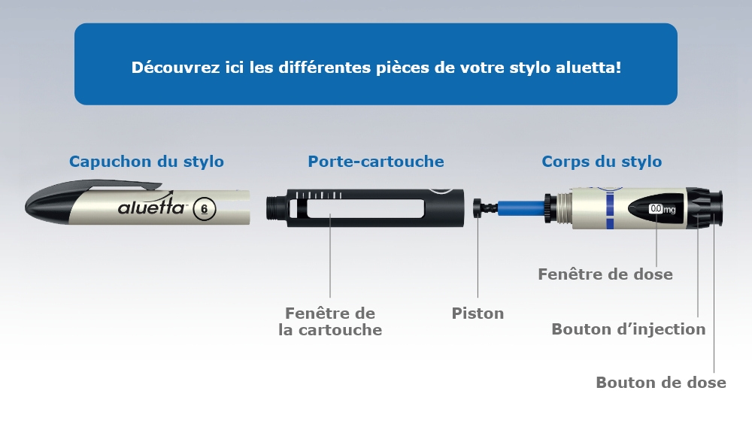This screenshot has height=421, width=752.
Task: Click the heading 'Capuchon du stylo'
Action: pyautogui.click(x=147, y=162)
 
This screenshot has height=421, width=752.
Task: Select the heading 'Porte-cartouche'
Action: pyautogui.click(x=375, y=162)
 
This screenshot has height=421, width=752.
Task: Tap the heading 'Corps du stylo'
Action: pyautogui.click(x=602, y=162)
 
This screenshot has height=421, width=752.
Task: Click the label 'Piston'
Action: pyautogui.click(x=478, y=313)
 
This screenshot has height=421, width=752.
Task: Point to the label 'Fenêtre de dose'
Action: pyautogui.click(x=605, y=274)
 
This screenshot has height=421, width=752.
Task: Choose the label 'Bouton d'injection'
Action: pyautogui.click(x=628, y=329)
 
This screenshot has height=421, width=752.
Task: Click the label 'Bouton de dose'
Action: pyautogui.click(x=661, y=382)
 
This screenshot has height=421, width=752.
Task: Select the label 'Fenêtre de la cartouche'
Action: pyautogui.click(x=330, y=321)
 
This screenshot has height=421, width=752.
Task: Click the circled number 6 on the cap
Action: pyautogui.click(x=205, y=209)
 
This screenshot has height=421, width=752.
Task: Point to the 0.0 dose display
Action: pyautogui.click(x=656, y=208)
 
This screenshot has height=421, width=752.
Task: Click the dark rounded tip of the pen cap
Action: pyautogui.click(x=47, y=207)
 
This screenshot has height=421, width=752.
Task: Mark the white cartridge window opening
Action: pyautogui.click(x=365, y=208)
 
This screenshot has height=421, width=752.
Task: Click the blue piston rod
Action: pyautogui.click(x=521, y=208)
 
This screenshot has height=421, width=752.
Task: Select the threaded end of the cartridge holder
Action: pyautogui.click(x=277, y=208)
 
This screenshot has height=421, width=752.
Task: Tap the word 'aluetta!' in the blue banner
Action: pyautogui.click(x=589, y=67)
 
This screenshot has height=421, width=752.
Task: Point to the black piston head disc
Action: pyautogui.click(x=478, y=207)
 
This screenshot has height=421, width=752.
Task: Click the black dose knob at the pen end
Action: pyautogui.click(x=715, y=207)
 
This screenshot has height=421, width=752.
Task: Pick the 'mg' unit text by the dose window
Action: pyautogui.click(x=669, y=210)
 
